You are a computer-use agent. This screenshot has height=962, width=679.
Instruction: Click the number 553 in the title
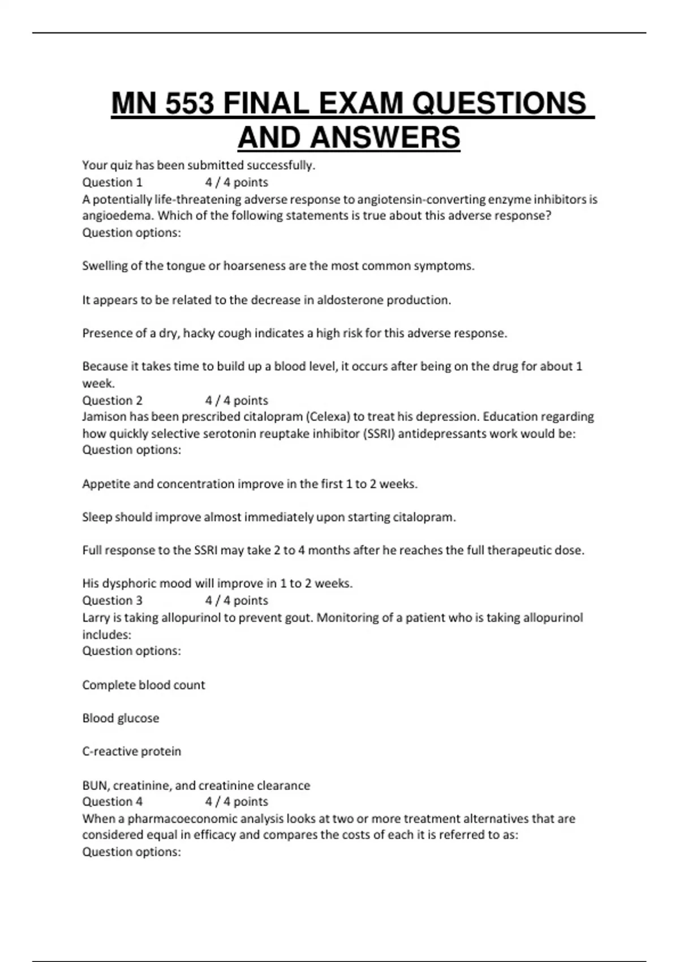190,104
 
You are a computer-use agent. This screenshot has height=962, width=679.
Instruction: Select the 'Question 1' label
112,182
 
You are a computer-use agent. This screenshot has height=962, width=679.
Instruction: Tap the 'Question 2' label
112,400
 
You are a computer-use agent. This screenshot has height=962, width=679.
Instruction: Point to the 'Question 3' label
112,600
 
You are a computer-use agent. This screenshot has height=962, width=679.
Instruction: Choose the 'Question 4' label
112,801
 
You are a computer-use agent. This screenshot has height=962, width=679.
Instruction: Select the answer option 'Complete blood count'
143,685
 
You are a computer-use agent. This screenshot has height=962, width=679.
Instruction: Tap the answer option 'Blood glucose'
121,718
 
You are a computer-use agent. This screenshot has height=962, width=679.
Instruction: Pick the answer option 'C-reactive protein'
131,751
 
